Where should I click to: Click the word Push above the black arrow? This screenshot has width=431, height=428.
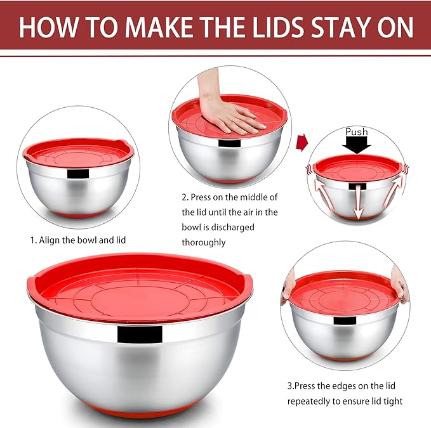(x=357, y=132)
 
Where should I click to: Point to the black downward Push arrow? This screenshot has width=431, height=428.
(x=357, y=145)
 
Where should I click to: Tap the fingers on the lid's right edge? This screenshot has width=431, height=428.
(x=401, y=285)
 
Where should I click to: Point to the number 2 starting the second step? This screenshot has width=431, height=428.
(x=184, y=197)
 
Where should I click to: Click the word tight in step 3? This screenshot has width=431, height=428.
(x=392, y=401)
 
